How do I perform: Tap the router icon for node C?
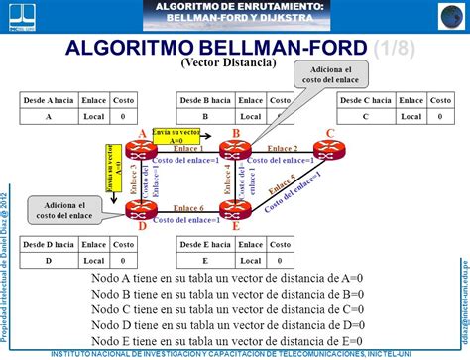pyautogui.click(x=329, y=150)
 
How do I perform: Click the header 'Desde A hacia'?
pyautogui.click(x=49, y=101)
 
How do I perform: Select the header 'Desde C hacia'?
pyautogui.click(x=366, y=101)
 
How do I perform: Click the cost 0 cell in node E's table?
pyautogui.click(x=280, y=260)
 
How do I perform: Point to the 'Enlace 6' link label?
pyautogui.click(x=188, y=207)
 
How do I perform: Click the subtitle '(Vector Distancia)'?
pyautogui.click(x=228, y=62)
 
